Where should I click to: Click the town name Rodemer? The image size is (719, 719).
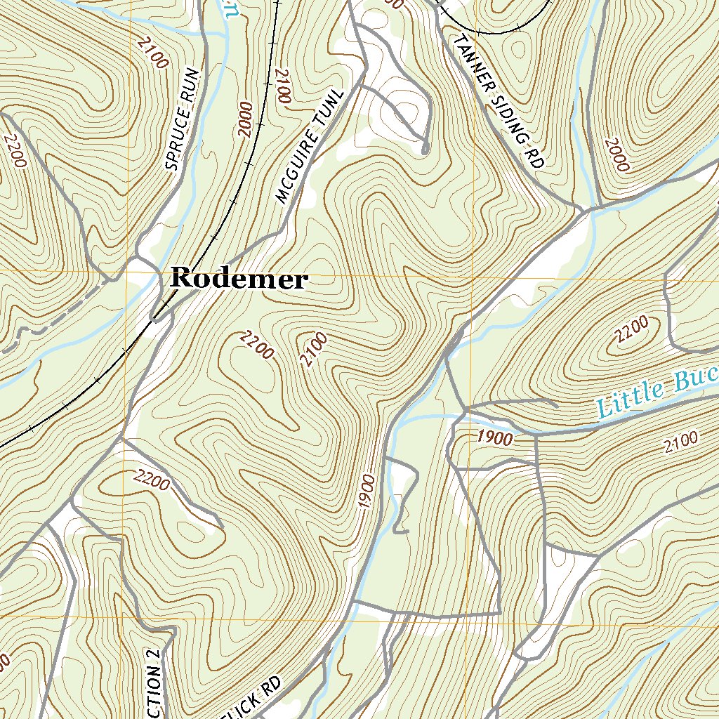point(239,279)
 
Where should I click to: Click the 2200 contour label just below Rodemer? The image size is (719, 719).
point(256,345)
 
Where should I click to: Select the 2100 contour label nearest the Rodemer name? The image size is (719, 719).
point(314,350)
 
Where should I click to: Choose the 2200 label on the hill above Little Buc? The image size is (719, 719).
point(631,330)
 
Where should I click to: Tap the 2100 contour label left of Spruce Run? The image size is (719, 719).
point(152,55)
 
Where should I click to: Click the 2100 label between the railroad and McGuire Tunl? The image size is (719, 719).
point(282,87)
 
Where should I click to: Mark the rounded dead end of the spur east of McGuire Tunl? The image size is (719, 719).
point(426,149)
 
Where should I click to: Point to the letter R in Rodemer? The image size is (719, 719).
point(182,278)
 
